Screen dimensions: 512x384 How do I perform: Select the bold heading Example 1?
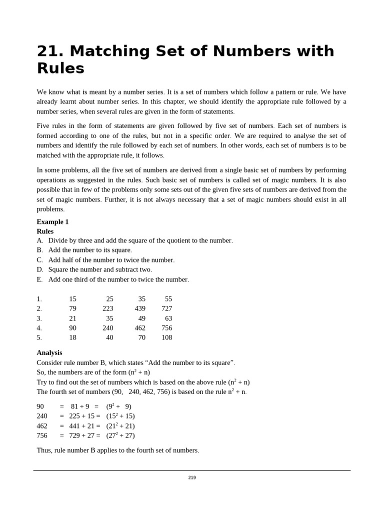(52, 221)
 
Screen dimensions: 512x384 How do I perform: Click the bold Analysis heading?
(49, 352)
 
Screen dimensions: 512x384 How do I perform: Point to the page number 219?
(192, 477)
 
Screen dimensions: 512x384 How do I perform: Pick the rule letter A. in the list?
(40, 240)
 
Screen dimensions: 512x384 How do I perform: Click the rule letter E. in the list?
(40, 279)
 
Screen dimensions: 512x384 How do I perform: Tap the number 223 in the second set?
(107, 308)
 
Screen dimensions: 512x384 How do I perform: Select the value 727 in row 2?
(166, 308)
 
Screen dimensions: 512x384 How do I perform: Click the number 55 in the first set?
(168, 298)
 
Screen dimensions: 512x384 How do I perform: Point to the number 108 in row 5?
(166, 337)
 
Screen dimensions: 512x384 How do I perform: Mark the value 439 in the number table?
(140, 308)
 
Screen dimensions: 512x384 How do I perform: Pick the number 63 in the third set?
(168, 318)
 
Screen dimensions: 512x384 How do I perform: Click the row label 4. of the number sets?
(39, 328)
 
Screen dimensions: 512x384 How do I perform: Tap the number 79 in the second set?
(72, 308)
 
